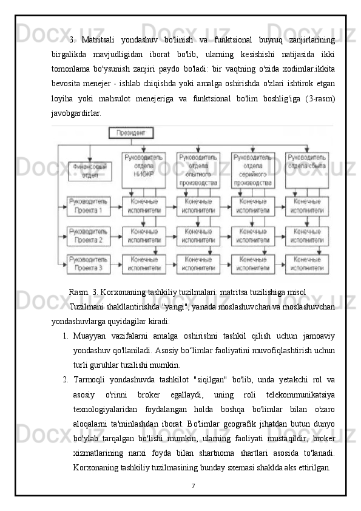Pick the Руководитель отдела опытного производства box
[198, 169]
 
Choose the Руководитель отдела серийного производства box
[252, 169]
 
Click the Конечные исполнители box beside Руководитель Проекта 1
[143, 206]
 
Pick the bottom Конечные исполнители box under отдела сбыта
[307, 263]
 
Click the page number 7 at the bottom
[193, 486]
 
